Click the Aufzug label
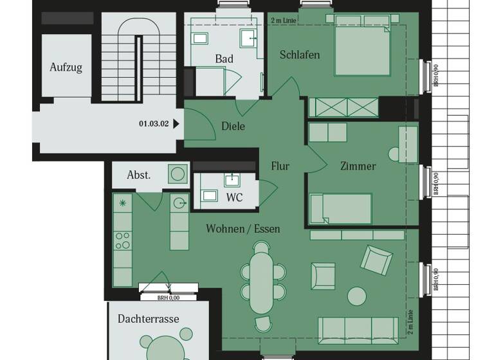(66, 67)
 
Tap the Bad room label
(224, 59)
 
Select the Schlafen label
(300, 55)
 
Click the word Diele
(233, 127)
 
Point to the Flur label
(280, 166)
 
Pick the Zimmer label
(358, 166)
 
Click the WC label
(234, 197)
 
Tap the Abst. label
(138, 175)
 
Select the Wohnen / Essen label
(243, 228)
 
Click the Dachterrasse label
(148, 319)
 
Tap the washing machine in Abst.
(177, 174)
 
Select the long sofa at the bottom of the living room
(358, 330)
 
